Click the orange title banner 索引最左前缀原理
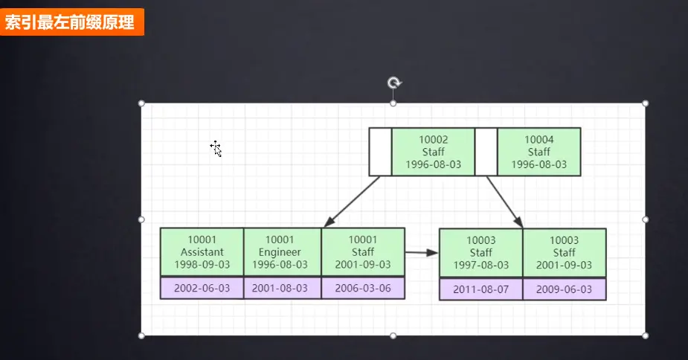[72, 22]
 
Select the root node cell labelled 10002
[433, 152]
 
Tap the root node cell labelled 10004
[538, 152]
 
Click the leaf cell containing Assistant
[202, 252]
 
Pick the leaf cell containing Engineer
[283, 252]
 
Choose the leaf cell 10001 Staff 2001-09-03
[363, 252]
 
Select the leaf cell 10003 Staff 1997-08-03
[480, 253]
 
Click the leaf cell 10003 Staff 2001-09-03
[565, 253]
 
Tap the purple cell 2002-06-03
[202, 288]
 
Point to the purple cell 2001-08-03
[283, 288]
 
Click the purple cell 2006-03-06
[363, 288]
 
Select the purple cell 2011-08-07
[480, 289]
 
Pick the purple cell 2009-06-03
[565, 289]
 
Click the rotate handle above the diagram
[393, 83]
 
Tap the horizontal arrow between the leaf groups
[422, 253]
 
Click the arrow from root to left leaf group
[353, 201]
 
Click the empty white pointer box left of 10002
[380, 152]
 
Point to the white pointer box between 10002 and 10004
[486, 152]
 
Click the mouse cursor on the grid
[216, 148]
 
